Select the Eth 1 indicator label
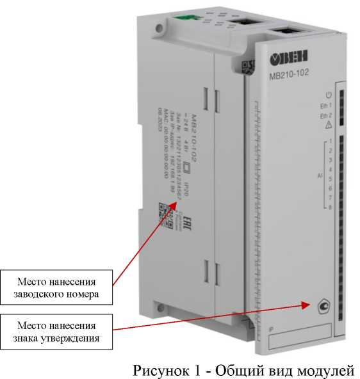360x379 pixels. pyautogui.click(x=326, y=106)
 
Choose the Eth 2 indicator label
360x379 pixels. pyautogui.click(x=326, y=116)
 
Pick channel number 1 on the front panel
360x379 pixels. pyautogui.click(x=329, y=141)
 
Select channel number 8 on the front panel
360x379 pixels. pyautogui.click(x=329, y=207)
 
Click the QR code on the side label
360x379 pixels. pyautogui.click(x=163, y=216)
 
